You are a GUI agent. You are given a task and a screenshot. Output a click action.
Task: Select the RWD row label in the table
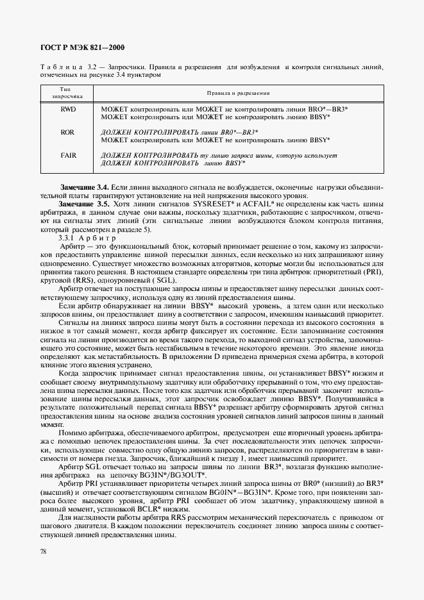[x=68, y=109]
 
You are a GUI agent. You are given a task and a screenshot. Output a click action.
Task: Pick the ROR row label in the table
[x=68, y=131]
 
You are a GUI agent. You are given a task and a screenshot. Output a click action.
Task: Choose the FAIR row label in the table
[x=68, y=155]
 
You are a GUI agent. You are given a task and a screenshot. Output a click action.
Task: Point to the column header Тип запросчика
[x=67, y=92]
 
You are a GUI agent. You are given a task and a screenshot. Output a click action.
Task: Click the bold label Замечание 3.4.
[x=84, y=186]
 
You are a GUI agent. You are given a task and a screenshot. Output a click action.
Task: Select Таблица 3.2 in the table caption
[x=70, y=66]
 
